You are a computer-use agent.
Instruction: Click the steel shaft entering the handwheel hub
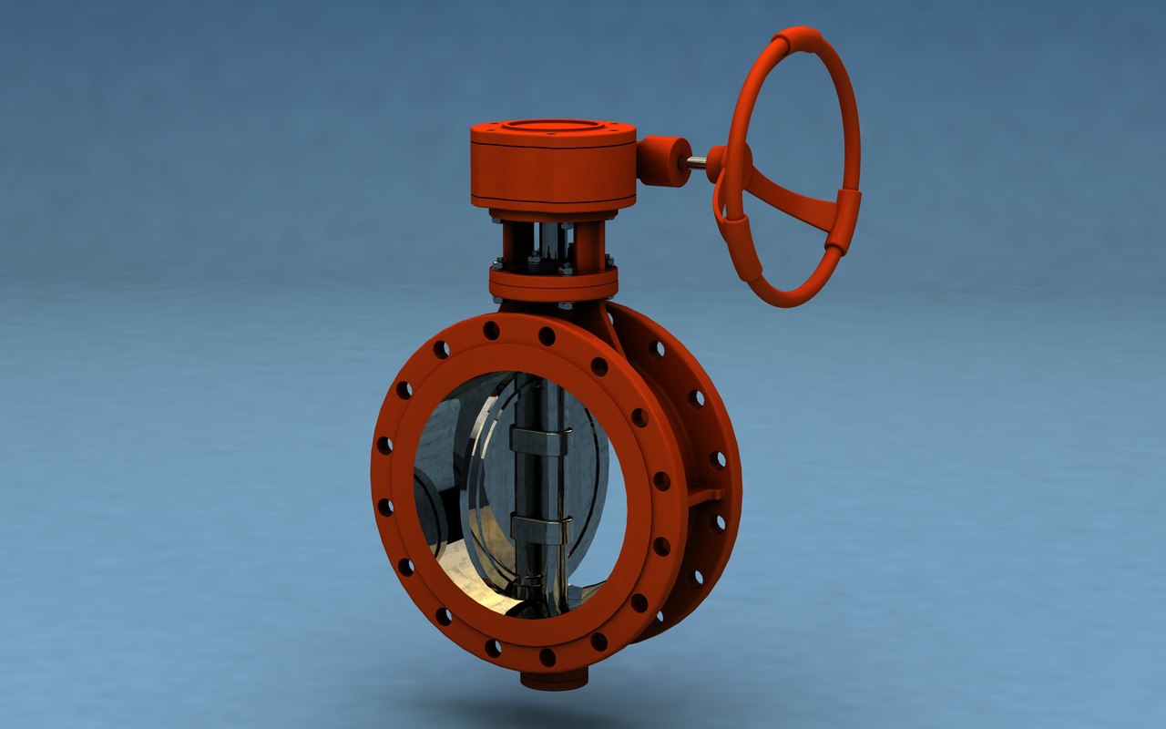point(696,163)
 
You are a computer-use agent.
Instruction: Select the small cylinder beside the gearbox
point(663,161)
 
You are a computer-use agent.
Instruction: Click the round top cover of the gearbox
point(552,128)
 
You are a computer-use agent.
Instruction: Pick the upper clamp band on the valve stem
point(540,439)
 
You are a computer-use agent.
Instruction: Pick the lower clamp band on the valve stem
point(540,527)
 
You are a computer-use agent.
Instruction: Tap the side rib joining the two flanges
point(703,498)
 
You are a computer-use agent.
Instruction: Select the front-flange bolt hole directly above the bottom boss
point(547,656)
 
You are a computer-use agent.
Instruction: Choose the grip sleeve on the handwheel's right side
point(843,221)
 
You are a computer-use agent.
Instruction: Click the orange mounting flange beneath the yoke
point(553,283)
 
